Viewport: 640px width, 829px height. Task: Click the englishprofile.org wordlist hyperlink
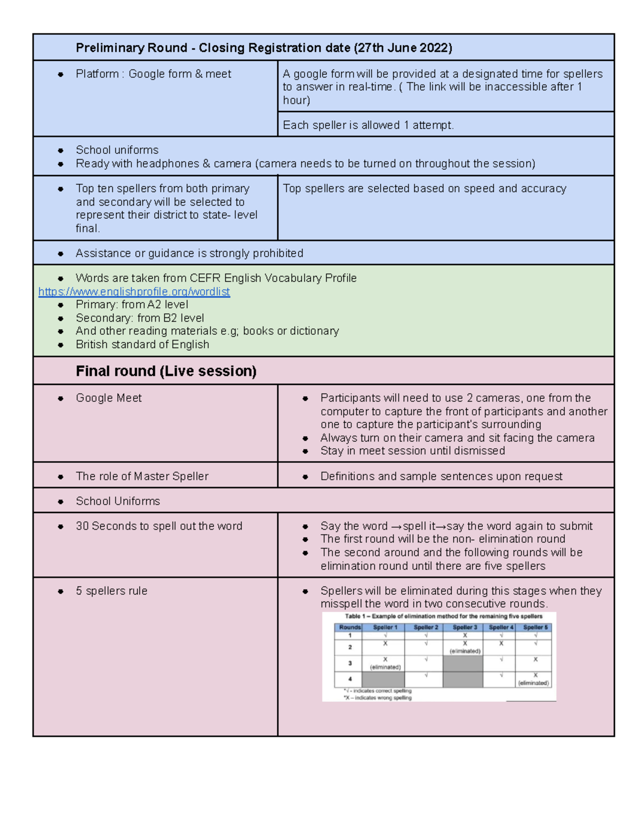pyautogui.click(x=134, y=291)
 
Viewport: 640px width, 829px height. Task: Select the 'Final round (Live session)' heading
pyautogui.click(x=166, y=371)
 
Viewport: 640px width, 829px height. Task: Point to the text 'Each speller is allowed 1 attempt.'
pyautogui.click(x=368, y=125)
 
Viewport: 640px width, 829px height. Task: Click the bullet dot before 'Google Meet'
pyautogui.click(x=61, y=398)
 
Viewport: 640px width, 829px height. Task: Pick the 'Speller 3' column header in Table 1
pyautogui.click(x=465, y=627)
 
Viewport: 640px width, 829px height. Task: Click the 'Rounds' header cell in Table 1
pyautogui.click(x=350, y=627)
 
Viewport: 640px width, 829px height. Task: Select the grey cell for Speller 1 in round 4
pyautogui.click(x=383, y=680)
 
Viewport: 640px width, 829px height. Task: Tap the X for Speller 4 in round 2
pyautogui.click(x=501, y=644)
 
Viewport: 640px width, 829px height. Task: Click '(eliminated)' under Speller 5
pyautogui.click(x=533, y=683)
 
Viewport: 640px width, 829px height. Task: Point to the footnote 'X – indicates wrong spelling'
pyautogui.click(x=378, y=698)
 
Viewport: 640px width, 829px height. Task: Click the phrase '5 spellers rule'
pyautogui.click(x=111, y=591)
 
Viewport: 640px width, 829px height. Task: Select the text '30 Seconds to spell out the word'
pyautogui.click(x=159, y=526)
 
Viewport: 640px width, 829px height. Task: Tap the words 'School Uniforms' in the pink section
pyautogui.click(x=118, y=501)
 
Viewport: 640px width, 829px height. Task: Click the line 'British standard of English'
pyautogui.click(x=142, y=344)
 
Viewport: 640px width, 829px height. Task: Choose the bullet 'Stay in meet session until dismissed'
pyautogui.click(x=412, y=451)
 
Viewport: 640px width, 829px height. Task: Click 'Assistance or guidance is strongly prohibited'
pyautogui.click(x=189, y=253)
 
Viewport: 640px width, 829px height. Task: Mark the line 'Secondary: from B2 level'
pyautogui.click(x=140, y=318)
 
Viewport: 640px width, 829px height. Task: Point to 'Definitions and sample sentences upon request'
pyautogui.click(x=441, y=476)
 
